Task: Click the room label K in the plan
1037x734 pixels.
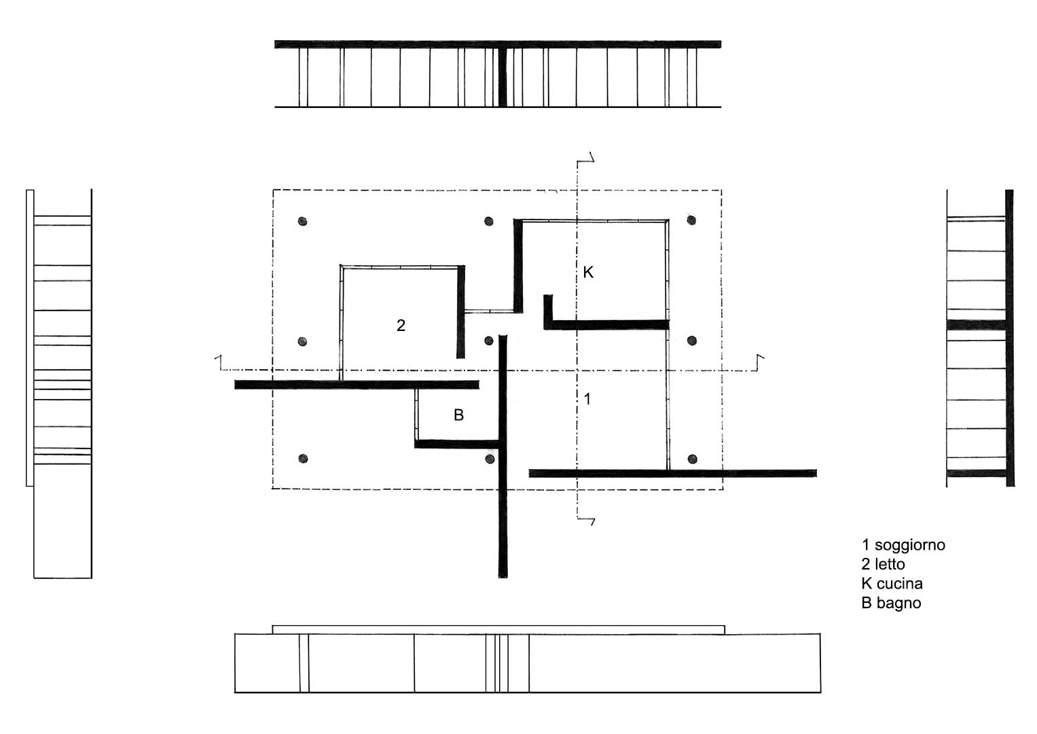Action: point(588,272)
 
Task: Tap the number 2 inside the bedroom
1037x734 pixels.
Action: point(401,326)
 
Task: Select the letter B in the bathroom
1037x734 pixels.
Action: point(458,415)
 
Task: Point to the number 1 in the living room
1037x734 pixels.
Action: point(587,399)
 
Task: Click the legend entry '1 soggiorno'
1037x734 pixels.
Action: point(903,545)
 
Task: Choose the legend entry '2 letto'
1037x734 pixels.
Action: point(883,564)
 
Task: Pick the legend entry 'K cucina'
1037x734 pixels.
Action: point(892,583)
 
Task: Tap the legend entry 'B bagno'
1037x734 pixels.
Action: point(891,604)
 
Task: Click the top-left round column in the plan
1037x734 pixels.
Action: point(302,222)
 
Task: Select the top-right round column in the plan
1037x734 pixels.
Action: point(691,220)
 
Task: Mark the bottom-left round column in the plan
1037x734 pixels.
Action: point(303,459)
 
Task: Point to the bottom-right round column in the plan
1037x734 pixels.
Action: point(692,459)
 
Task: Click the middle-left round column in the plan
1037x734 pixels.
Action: point(302,342)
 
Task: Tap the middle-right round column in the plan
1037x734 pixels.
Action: point(691,341)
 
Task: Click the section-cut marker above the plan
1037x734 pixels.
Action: point(585,158)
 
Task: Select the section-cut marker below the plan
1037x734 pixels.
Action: point(585,521)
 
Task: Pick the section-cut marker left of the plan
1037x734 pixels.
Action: point(218,362)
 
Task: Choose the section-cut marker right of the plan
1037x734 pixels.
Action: point(760,363)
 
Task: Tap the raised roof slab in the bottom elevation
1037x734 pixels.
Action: point(498,630)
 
